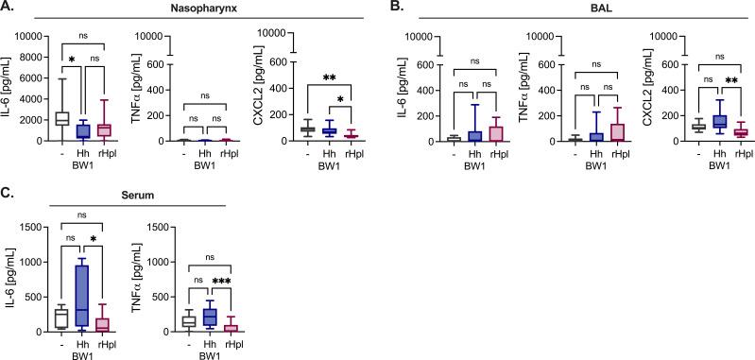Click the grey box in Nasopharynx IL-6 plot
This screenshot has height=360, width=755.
[x=61, y=118]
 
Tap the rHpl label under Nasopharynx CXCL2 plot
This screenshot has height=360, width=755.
[x=352, y=152]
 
